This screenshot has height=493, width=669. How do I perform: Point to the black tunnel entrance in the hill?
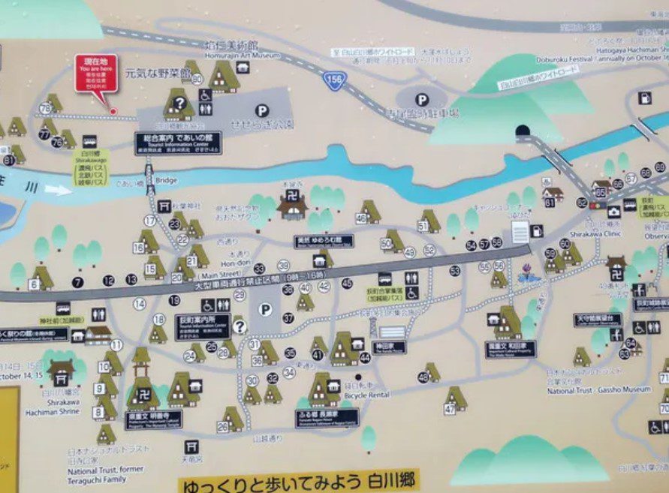point(523,131)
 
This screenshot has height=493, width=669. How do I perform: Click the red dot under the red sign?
point(113,112)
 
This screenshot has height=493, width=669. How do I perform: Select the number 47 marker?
point(450,409)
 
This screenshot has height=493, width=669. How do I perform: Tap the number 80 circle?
point(197,79)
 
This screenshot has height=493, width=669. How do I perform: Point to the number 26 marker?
point(222,426)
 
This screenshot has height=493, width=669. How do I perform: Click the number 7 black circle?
point(77,282)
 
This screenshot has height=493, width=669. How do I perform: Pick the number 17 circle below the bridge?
point(150,221)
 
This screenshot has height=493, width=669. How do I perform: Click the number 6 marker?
point(34,284)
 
